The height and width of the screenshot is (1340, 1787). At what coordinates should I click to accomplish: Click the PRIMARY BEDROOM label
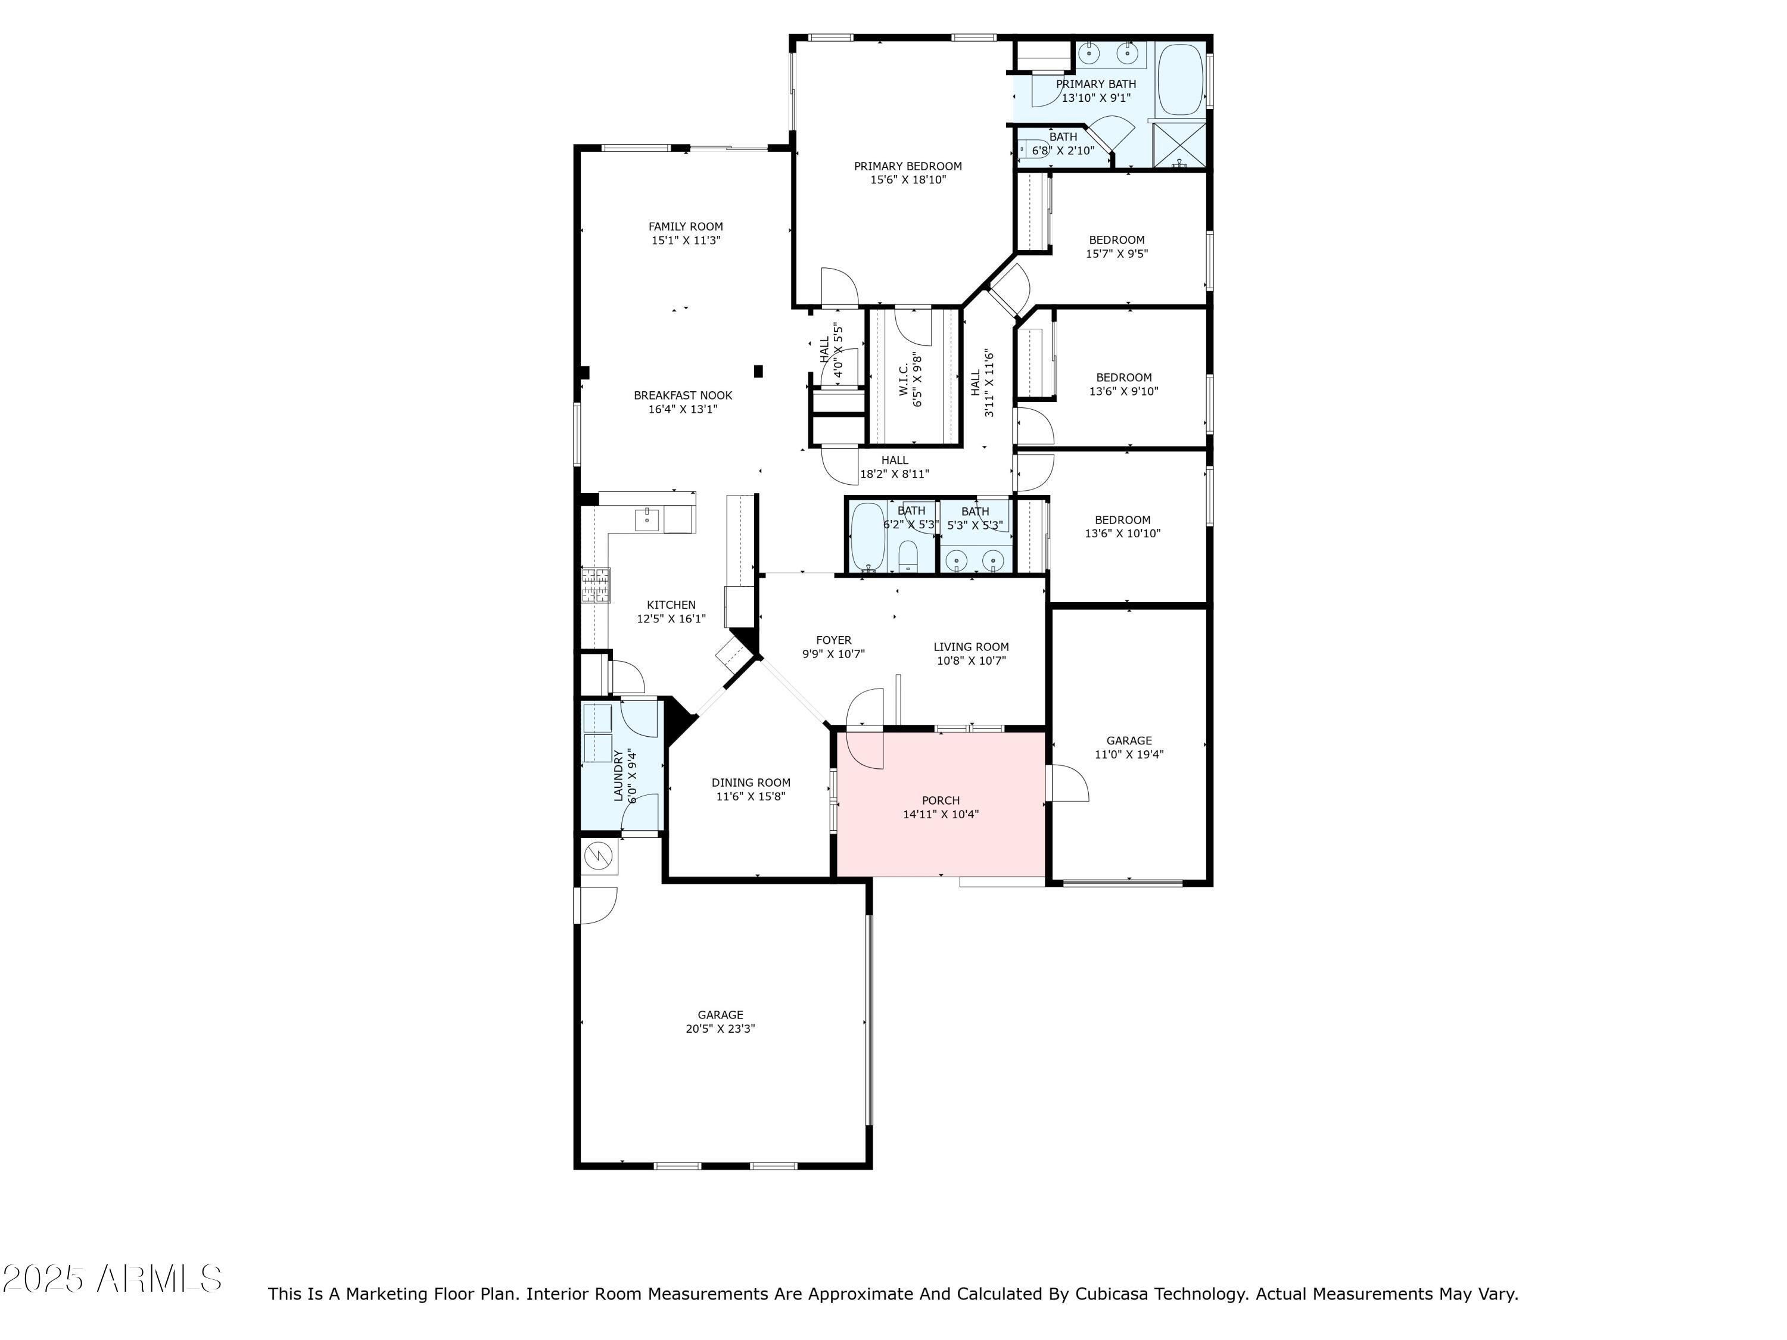pyautogui.click(x=908, y=166)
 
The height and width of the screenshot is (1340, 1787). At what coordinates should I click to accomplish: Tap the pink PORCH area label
pyautogui.click(x=941, y=800)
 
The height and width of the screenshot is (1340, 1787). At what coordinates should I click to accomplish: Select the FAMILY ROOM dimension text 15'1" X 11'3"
pyautogui.click(x=686, y=241)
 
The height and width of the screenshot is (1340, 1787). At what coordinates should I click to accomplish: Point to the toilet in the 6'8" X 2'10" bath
pyautogui.click(x=1032, y=149)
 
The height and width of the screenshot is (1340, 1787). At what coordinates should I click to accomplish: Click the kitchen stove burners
pyautogui.click(x=596, y=585)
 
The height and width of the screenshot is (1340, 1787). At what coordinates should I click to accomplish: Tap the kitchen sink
pyautogui.click(x=647, y=520)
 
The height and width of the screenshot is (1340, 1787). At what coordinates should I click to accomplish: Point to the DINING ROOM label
pyautogui.click(x=751, y=783)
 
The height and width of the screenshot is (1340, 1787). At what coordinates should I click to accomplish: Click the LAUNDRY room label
pyautogui.click(x=619, y=776)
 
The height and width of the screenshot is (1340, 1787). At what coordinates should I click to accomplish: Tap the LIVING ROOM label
pyautogui.click(x=971, y=647)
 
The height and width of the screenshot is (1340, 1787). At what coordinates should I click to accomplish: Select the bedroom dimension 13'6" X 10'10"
pyautogui.click(x=1123, y=534)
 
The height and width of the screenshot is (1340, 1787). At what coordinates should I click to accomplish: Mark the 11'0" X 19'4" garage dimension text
pyautogui.click(x=1129, y=755)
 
